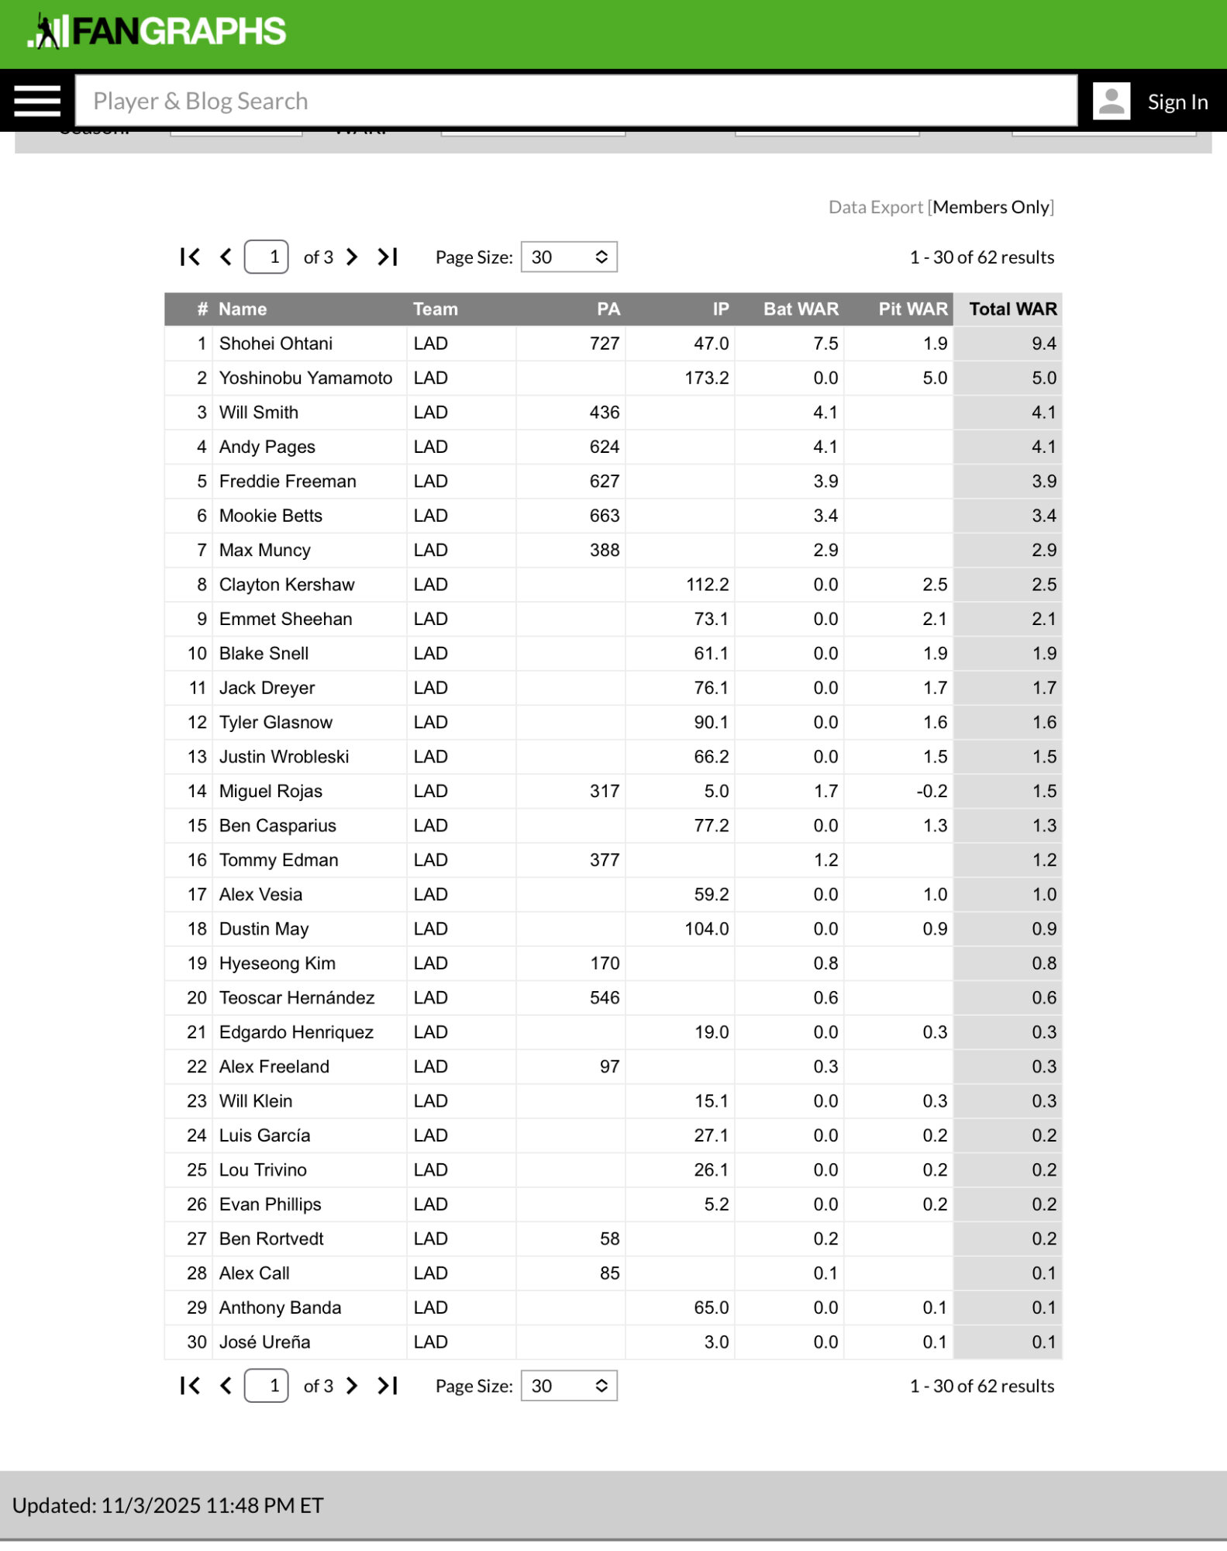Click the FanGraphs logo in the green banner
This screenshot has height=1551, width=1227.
coord(157,32)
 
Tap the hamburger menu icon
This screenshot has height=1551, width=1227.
coord(36,101)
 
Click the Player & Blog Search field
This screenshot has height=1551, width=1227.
coord(575,101)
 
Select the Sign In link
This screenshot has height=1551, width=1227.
coord(1177,102)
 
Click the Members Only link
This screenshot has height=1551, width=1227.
coord(991,207)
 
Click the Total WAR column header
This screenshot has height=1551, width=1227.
coord(1012,309)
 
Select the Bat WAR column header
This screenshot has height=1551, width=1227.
coord(801,309)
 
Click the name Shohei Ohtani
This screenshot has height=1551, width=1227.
coord(275,344)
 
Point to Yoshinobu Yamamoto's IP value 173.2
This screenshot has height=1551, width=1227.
coord(706,378)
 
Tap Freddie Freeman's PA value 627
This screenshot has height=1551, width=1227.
coord(604,481)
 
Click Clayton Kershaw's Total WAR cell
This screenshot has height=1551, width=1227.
coord(1043,585)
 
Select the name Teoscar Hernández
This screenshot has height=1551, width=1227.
coord(297,997)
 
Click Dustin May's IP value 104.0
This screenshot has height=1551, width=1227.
coord(706,929)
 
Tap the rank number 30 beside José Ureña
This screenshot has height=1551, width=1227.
coord(197,1342)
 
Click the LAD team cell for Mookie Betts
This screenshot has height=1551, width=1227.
coord(431,516)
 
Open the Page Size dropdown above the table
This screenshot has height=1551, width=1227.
coord(569,257)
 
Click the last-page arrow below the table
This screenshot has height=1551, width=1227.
coord(388,1386)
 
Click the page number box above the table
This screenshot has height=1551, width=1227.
coord(267,257)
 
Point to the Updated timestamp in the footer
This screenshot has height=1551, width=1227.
coord(168,1505)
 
